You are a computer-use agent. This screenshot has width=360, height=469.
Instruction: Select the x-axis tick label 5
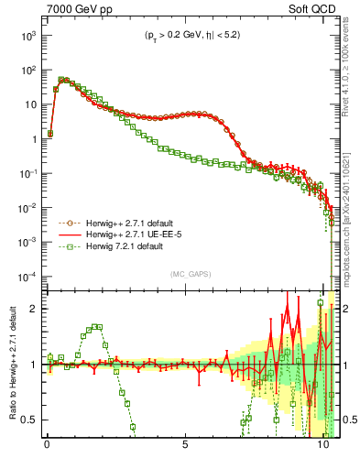[x=185, y=450]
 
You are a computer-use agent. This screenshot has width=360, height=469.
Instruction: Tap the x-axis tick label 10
[x=322, y=450]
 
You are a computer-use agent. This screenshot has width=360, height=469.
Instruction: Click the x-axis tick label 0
[x=47, y=450]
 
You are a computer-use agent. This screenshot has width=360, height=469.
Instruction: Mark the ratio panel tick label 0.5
[x=27, y=420]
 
